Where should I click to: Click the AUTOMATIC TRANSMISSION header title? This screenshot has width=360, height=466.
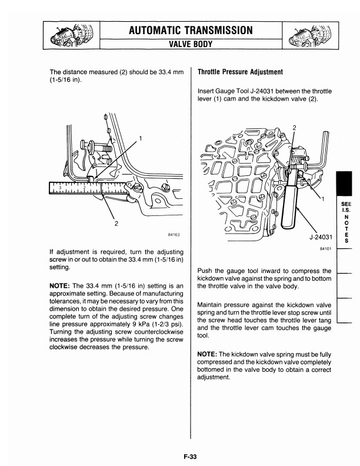(x=191, y=30)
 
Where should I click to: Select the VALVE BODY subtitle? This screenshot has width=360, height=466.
(x=191, y=43)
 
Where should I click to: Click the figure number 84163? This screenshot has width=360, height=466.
(x=173, y=235)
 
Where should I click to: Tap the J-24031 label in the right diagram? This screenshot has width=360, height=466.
(x=320, y=238)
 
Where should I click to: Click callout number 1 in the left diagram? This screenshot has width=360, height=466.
(x=140, y=138)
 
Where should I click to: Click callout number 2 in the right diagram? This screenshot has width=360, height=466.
(x=295, y=128)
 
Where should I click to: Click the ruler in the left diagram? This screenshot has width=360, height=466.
(x=88, y=188)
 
